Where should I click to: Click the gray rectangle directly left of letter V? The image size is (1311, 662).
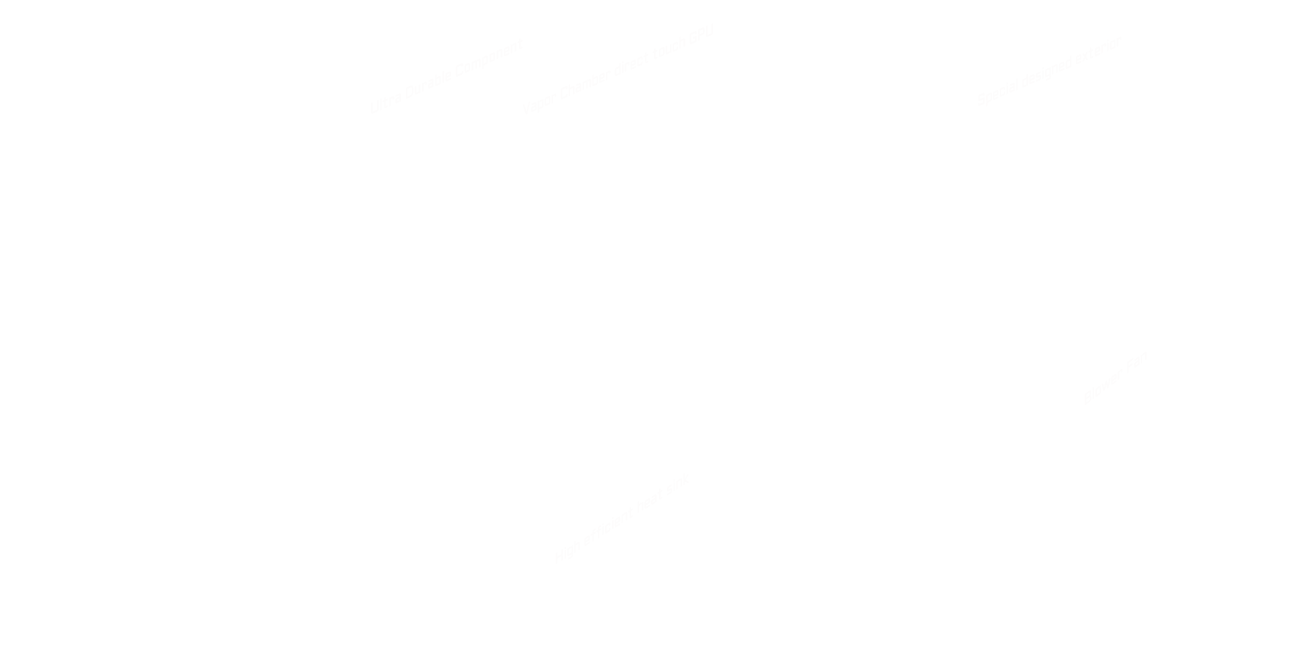pyautogui.click(x=445, y=75)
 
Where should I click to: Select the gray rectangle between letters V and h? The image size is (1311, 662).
pyautogui.click(x=603, y=77)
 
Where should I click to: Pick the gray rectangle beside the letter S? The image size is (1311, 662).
pyautogui.click(x=1048, y=71)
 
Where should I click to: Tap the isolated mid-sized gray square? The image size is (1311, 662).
pyautogui.click(x=1118, y=377)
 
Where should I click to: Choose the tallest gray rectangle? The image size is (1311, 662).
pyautogui.click(x=619, y=521)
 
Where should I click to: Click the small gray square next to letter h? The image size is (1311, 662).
pyautogui.click(x=699, y=36)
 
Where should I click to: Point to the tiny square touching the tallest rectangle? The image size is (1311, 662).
pyautogui.click(x=683, y=480)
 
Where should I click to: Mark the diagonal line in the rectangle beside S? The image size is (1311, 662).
pyautogui.click(x=1056, y=82)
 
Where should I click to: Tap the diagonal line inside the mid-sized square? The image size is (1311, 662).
pyautogui.click(x=1122, y=391)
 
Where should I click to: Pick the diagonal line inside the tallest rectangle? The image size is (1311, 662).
pyautogui.click(x=628, y=535)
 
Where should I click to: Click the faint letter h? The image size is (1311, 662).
pyautogui.click(x=682, y=44)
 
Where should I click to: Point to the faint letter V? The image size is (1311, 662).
pyautogui.click(x=526, y=109)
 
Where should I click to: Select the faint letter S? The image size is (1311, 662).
pyautogui.click(x=981, y=100)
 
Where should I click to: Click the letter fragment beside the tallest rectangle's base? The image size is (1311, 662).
pyautogui.click(x=558, y=559)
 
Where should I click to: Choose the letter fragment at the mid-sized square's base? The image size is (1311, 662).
pyautogui.click(x=1087, y=397)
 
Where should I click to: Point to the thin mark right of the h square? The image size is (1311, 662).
pyautogui.click(x=712, y=30)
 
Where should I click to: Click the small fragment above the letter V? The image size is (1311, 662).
pyautogui.click(x=520, y=44)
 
